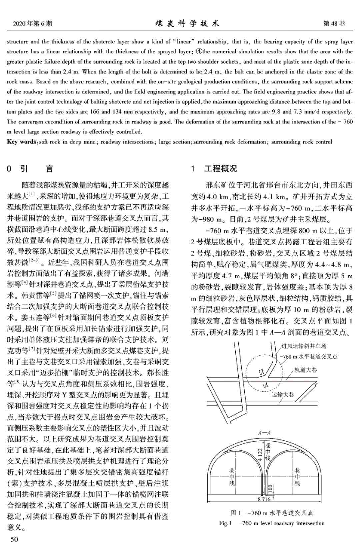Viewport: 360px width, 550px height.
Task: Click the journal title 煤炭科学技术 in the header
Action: tap(187, 23)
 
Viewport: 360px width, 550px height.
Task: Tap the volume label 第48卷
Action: tap(334, 23)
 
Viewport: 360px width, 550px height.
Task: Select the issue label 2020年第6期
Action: tap(32, 23)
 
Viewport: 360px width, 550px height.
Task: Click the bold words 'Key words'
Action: tap(21, 142)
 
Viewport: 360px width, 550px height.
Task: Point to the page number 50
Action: tap(14, 539)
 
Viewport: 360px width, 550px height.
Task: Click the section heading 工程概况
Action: tap(221, 169)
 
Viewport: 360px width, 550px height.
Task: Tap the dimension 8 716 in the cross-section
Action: tap(264, 499)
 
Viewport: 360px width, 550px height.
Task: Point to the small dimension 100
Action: tap(270, 489)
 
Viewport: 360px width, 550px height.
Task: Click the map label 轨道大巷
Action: tap(305, 370)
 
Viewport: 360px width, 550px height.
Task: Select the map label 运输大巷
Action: tap(283, 395)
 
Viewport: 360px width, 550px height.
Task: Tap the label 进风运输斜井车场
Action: tap(304, 346)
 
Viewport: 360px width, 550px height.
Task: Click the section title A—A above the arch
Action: tap(264, 433)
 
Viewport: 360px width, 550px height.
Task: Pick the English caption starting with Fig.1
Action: tap(271, 523)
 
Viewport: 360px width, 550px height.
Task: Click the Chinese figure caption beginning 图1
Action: tap(271, 513)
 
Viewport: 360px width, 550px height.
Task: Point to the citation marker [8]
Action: tap(17, 382)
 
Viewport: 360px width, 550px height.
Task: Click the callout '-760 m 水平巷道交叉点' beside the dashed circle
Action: tap(308, 357)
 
